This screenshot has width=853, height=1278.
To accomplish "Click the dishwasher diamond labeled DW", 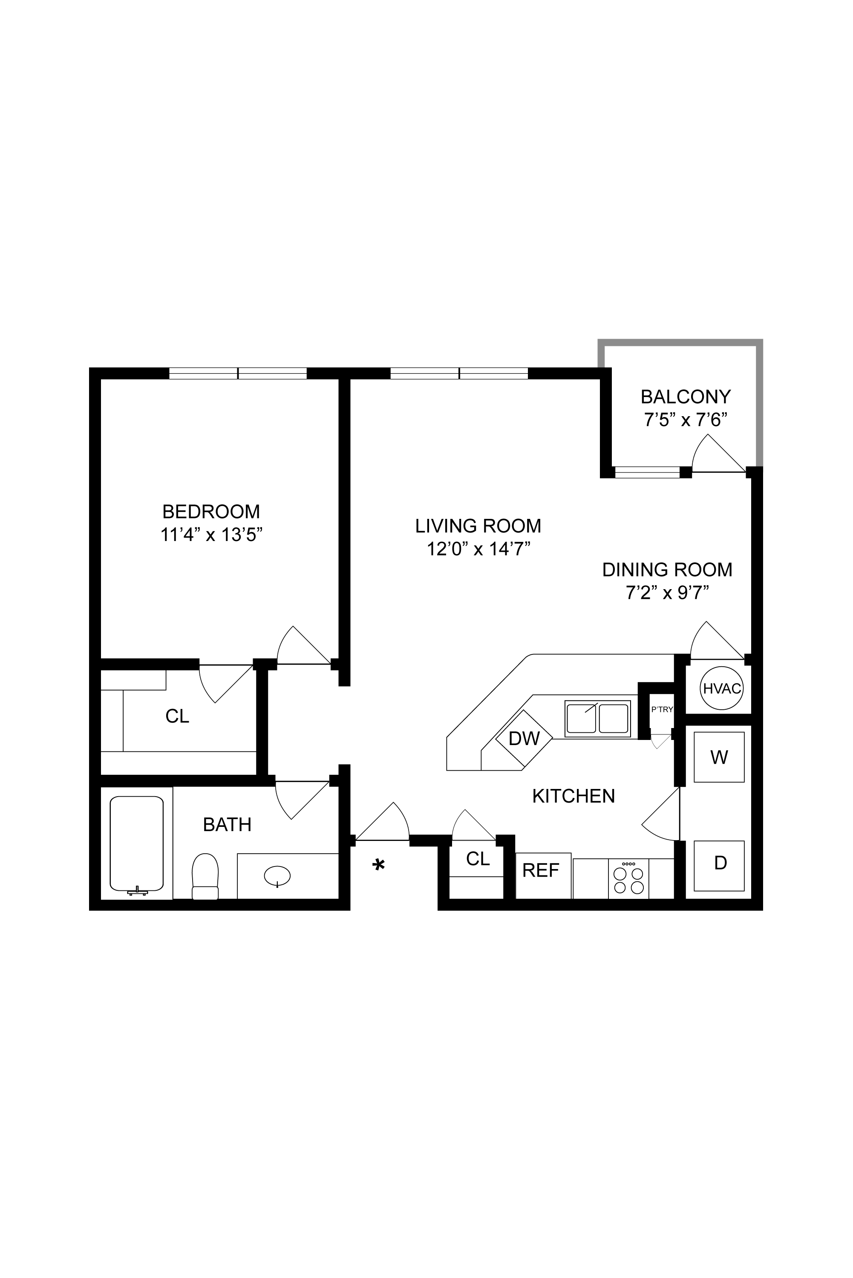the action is (524, 738).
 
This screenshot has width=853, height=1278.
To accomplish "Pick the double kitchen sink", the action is (597, 718).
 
